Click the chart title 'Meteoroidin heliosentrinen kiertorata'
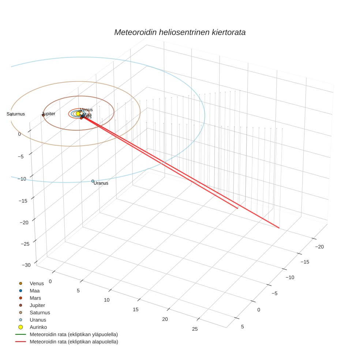180,32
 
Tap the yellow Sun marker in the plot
78,114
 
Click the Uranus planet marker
93,181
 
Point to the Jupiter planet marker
43,115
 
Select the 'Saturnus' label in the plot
16,114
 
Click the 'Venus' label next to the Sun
86,110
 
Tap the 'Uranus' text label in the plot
101,183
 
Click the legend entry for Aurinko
38,327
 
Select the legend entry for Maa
34,290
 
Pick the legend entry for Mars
35,298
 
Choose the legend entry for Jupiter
37,305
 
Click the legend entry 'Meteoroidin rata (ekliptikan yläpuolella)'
74,334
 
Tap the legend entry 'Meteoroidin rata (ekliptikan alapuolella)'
74,342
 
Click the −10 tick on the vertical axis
23,179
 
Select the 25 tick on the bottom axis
195,329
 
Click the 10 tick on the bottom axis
107,300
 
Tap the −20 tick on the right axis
319,247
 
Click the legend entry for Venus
37,283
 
